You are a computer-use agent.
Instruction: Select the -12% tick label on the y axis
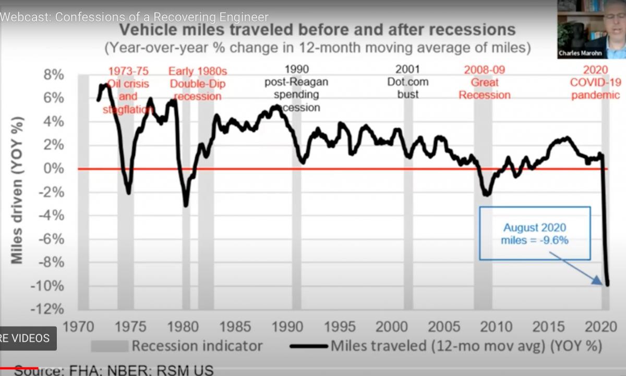click(49, 309)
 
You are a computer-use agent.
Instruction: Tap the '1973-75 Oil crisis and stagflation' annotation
click(128, 90)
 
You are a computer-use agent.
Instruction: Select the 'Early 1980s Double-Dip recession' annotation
click(197, 84)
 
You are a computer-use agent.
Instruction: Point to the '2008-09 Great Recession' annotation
click(484, 82)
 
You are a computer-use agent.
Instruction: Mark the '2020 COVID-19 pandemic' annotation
click(595, 82)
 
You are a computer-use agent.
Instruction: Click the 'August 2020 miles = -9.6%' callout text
click(534, 234)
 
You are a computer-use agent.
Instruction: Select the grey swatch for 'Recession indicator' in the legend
click(110, 346)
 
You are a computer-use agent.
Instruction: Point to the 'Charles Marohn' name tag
click(580, 53)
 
